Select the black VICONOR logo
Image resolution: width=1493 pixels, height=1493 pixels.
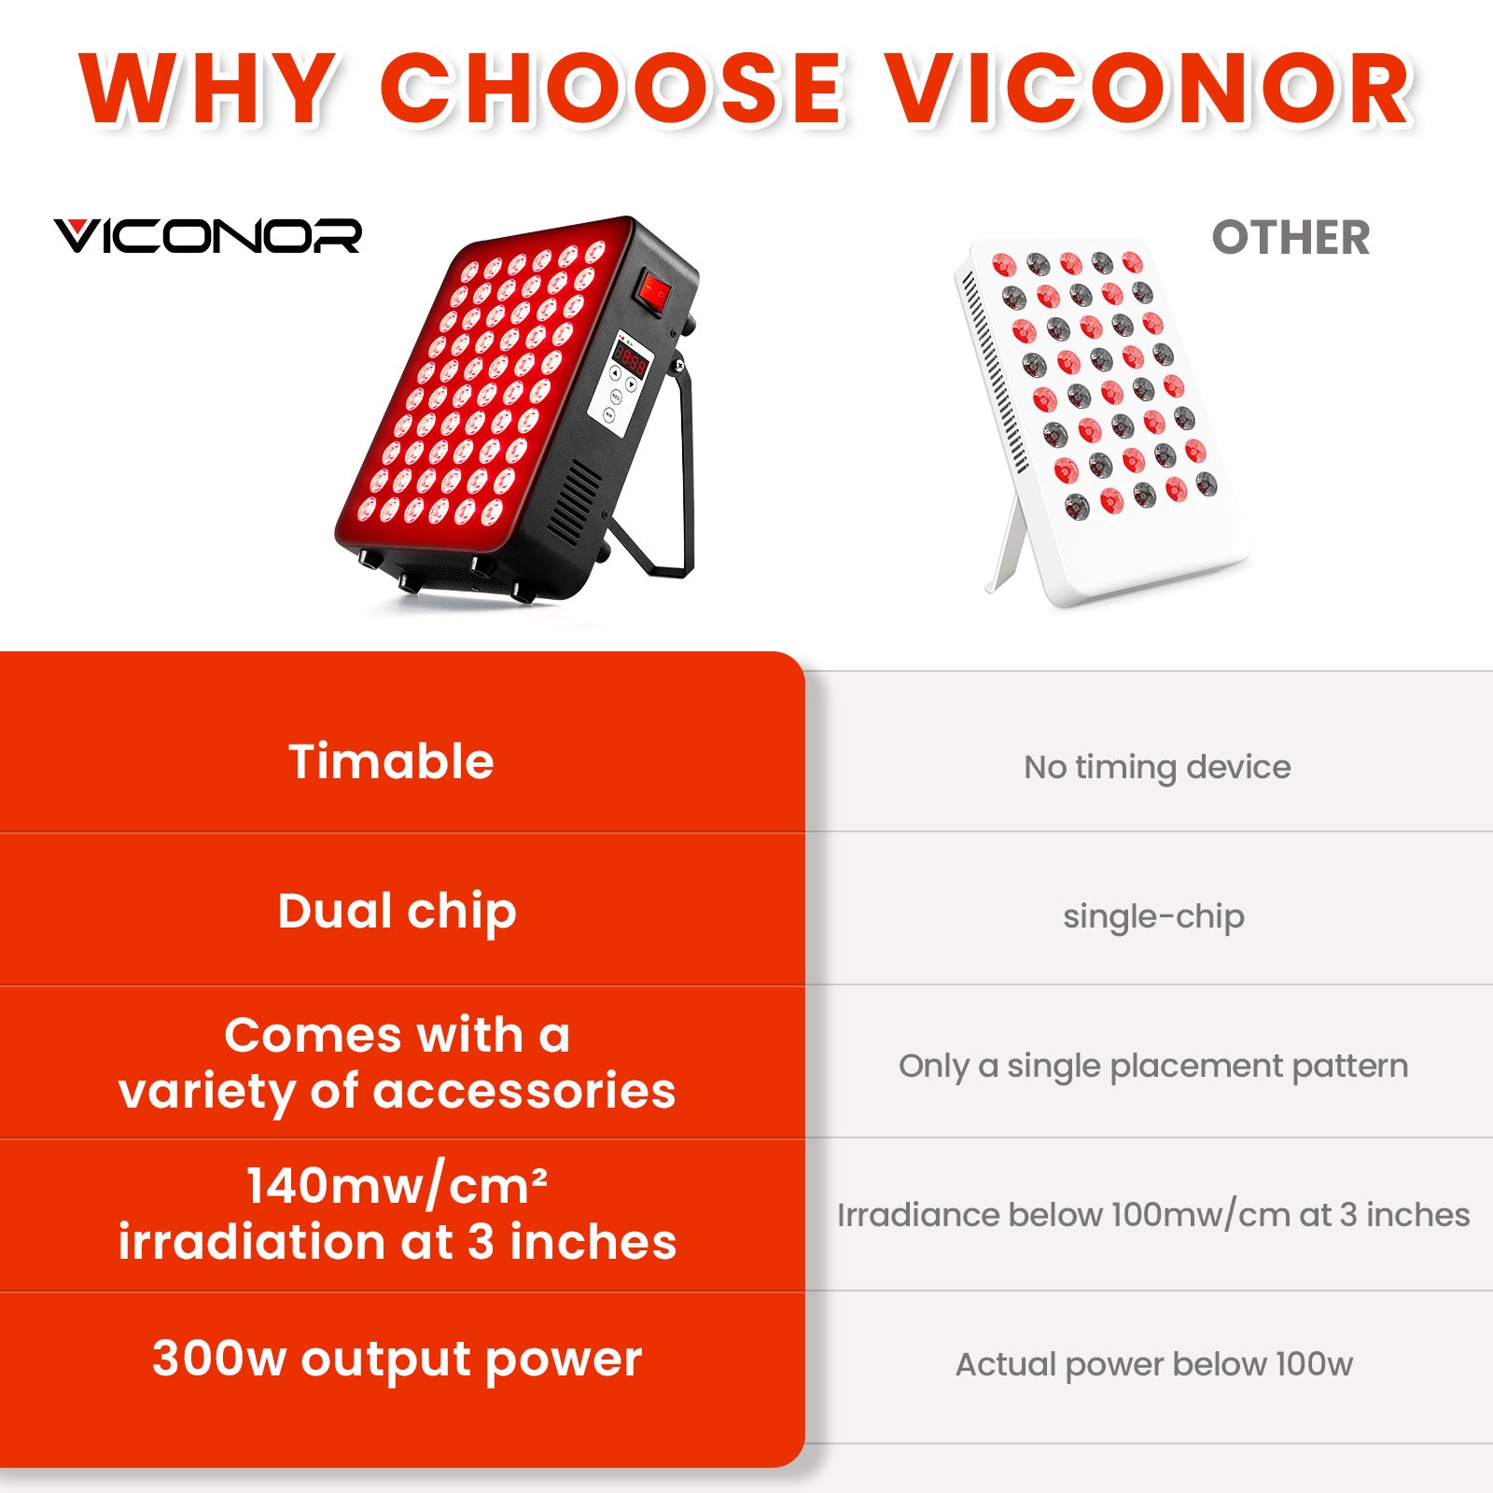coord(207,236)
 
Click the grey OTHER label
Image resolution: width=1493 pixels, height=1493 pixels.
coord(1291,238)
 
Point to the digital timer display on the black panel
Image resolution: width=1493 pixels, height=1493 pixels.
coord(630,360)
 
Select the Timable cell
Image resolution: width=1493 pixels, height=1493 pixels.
coord(391,761)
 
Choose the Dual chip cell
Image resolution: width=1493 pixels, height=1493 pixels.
coord(397,912)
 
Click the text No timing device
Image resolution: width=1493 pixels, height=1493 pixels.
coord(1157,767)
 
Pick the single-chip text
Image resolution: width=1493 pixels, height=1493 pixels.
coord(1153,916)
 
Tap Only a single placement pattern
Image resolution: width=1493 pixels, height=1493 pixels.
coord(1153,1066)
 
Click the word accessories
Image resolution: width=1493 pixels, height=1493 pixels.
coord(524,1091)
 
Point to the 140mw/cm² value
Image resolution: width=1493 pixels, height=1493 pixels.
coord(397,1186)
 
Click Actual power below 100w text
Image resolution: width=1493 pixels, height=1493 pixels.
coord(1153,1364)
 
